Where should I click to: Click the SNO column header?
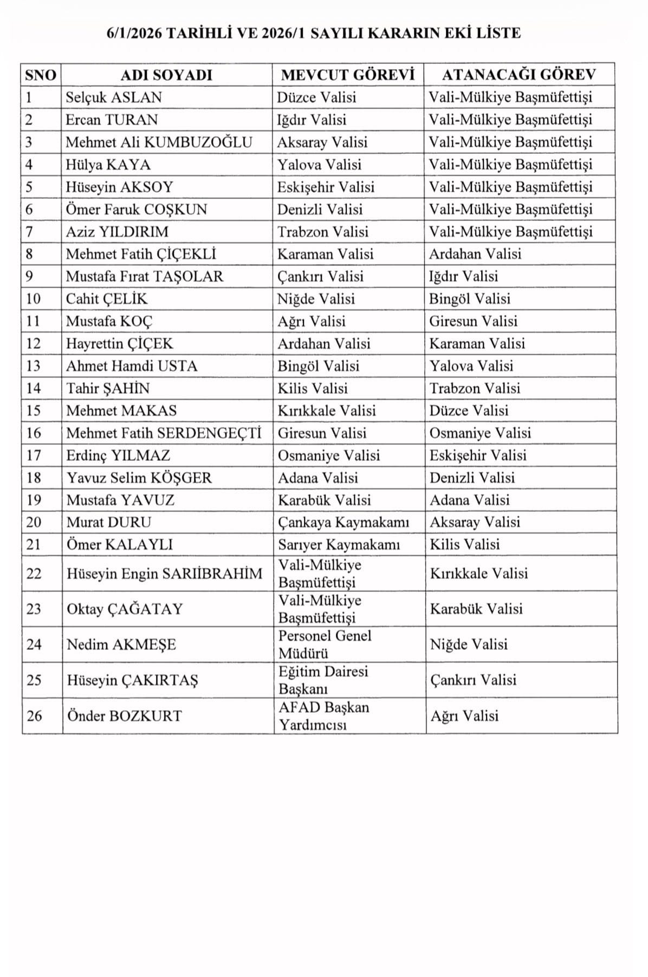pos(41,75)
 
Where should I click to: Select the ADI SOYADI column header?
pos(166,75)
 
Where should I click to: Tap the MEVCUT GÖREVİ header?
pos(348,75)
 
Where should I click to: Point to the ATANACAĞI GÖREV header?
pos(519,75)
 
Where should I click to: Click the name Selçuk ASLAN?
pos(114,97)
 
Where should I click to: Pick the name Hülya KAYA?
pos(108,165)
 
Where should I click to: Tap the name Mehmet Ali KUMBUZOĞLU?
pos(159,142)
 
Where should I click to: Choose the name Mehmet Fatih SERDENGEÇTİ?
pos(164,433)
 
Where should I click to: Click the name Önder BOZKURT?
pos(124,716)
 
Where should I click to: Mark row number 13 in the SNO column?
pos(34,366)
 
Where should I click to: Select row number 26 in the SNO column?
pos(34,716)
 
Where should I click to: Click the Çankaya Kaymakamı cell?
pos(344,523)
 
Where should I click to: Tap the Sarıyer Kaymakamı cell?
pos(339,545)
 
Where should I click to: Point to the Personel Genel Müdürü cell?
pos(325,644)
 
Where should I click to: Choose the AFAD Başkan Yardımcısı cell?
pos(323,716)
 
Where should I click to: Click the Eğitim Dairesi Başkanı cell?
pos(323,680)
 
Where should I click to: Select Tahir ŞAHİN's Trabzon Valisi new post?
pos(475,388)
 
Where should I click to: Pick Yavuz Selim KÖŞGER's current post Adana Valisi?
pos(318,478)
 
